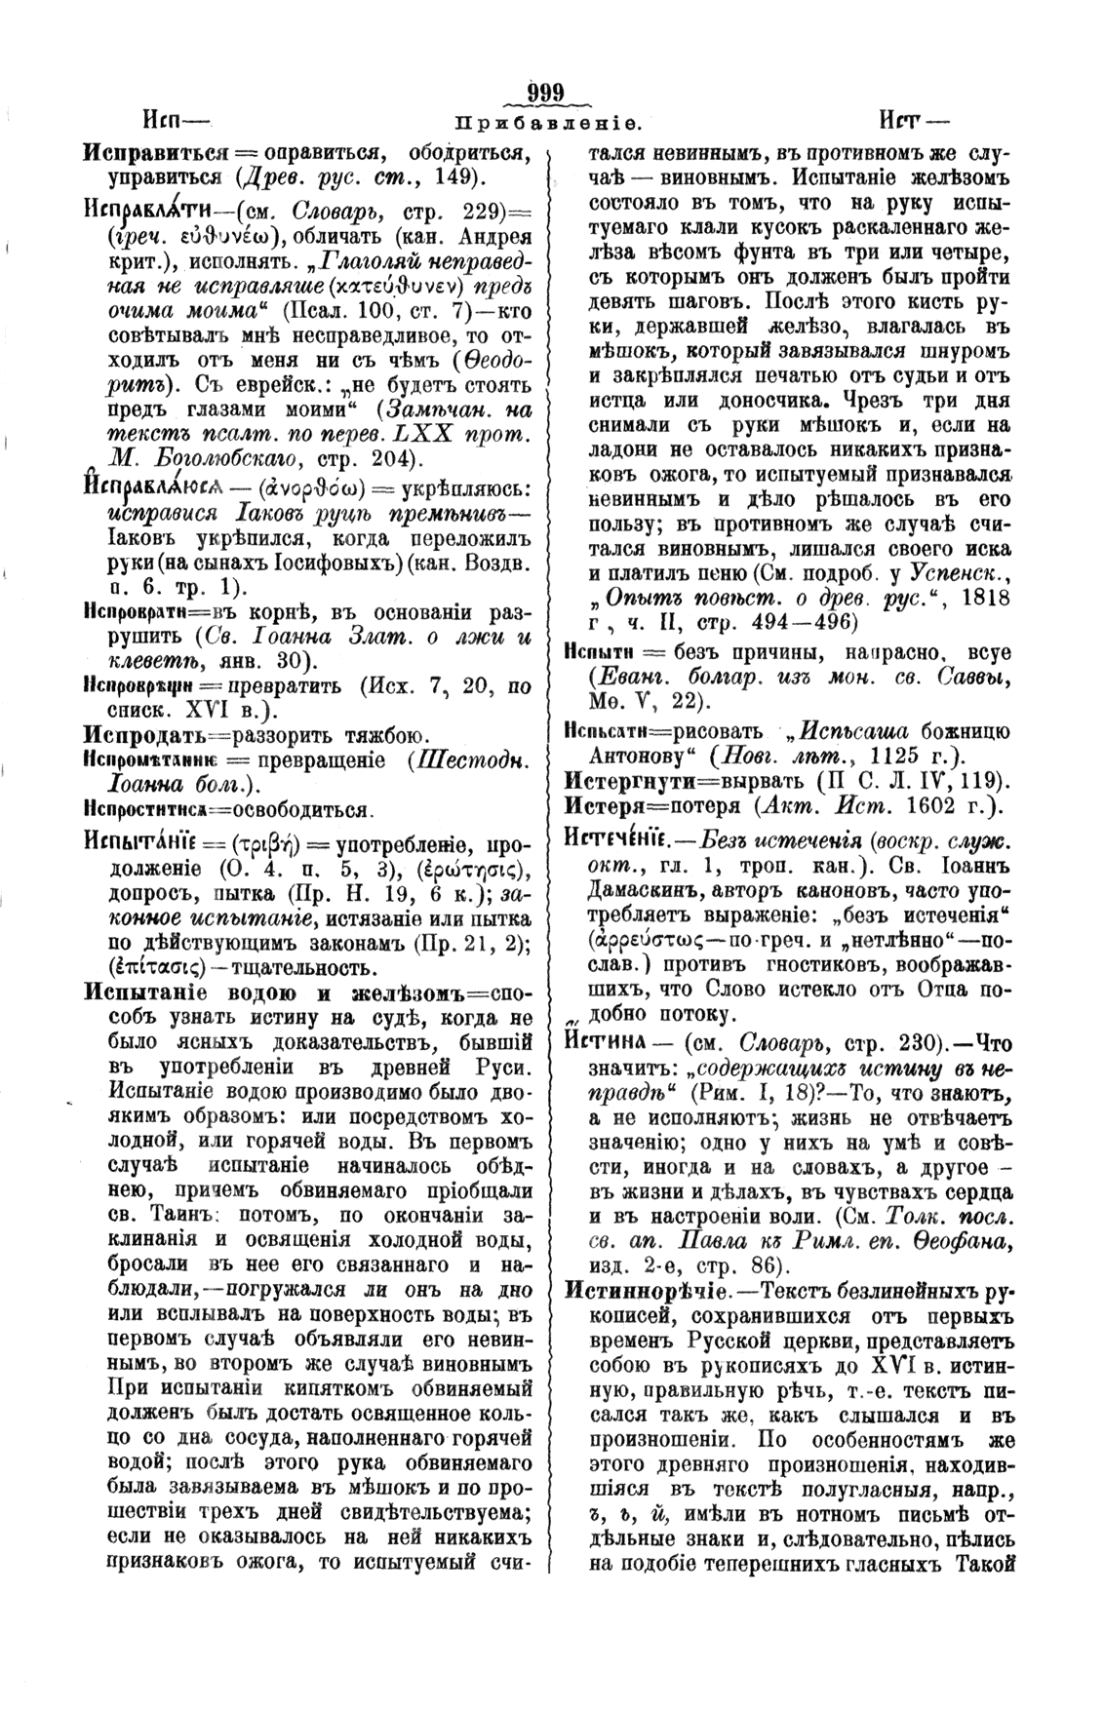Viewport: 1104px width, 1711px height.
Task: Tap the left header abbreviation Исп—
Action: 177,120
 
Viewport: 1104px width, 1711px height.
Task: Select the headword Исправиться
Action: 156,153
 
